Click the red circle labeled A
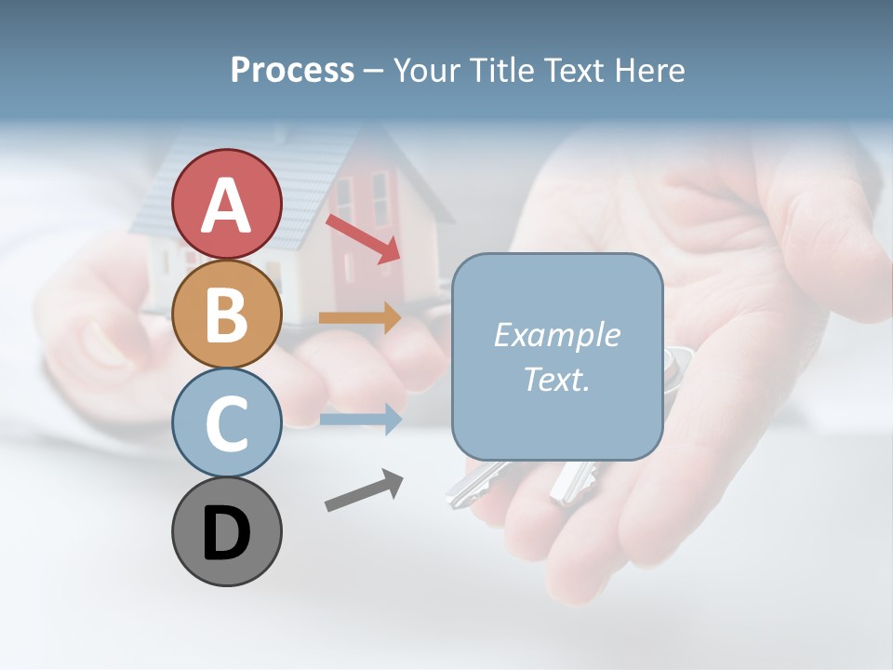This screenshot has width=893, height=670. click(226, 204)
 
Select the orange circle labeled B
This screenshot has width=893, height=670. click(226, 314)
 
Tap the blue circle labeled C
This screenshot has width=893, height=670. click(226, 422)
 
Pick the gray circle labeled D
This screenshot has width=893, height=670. click(226, 531)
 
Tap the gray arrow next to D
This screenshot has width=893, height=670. click(364, 490)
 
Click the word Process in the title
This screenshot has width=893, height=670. click(292, 70)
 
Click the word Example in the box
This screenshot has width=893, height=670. click(556, 335)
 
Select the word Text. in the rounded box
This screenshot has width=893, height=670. click(556, 379)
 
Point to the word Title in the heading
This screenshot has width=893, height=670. click(500, 70)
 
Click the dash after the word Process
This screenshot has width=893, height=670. click(372, 71)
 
